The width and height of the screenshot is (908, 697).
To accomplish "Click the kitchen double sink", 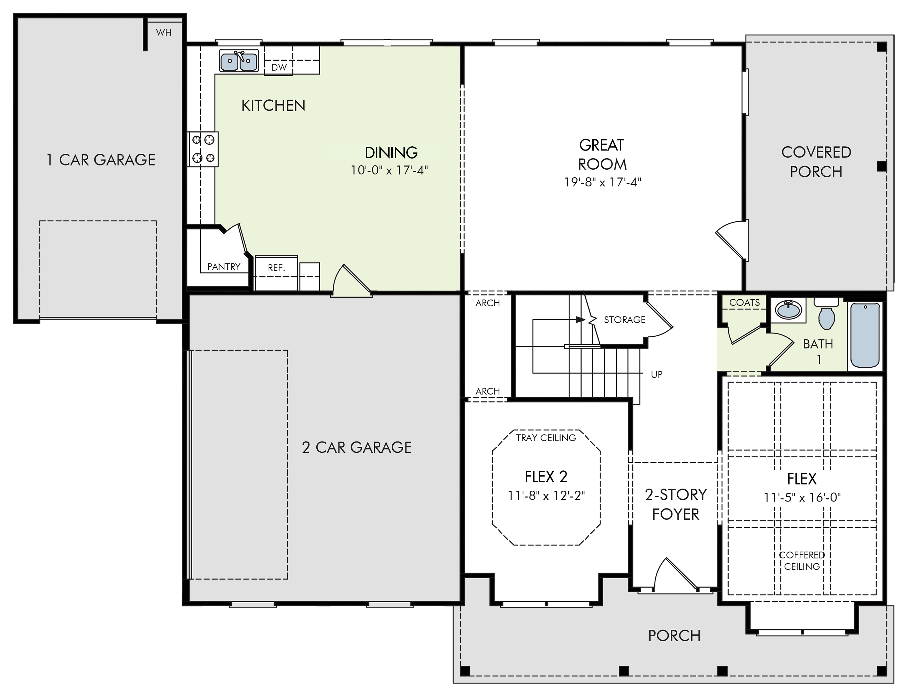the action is [x=239, y=61].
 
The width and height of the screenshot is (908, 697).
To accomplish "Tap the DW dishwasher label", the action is [x=279, y=67].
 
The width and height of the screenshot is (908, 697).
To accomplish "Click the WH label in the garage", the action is [x=164, y=32].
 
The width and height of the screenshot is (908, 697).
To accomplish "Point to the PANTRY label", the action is [x=224, y=267].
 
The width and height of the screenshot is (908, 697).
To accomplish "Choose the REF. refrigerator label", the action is [x=276, y=268].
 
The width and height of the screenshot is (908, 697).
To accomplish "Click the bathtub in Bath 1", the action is [x=865, y=335].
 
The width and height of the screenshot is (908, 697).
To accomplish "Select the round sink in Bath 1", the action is [x=788, y=310].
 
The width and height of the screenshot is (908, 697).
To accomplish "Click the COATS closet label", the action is [x=745, y=302].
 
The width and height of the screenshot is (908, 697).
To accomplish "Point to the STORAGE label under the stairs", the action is [x=625, y=320].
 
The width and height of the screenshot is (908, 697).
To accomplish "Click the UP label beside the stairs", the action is [x=657, y=374].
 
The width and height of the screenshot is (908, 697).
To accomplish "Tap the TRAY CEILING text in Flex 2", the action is [x=546, y=438].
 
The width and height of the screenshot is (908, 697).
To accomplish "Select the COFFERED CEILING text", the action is [x=802, y=560].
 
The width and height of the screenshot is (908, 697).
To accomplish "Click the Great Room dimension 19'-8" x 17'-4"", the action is [x=602, y=182].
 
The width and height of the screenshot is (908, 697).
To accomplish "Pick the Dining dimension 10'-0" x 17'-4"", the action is [x=389, y=170].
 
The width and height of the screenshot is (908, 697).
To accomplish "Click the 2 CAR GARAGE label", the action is [x=357, y=447].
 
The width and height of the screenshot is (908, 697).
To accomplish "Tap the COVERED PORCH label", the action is [x=816, y=162].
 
